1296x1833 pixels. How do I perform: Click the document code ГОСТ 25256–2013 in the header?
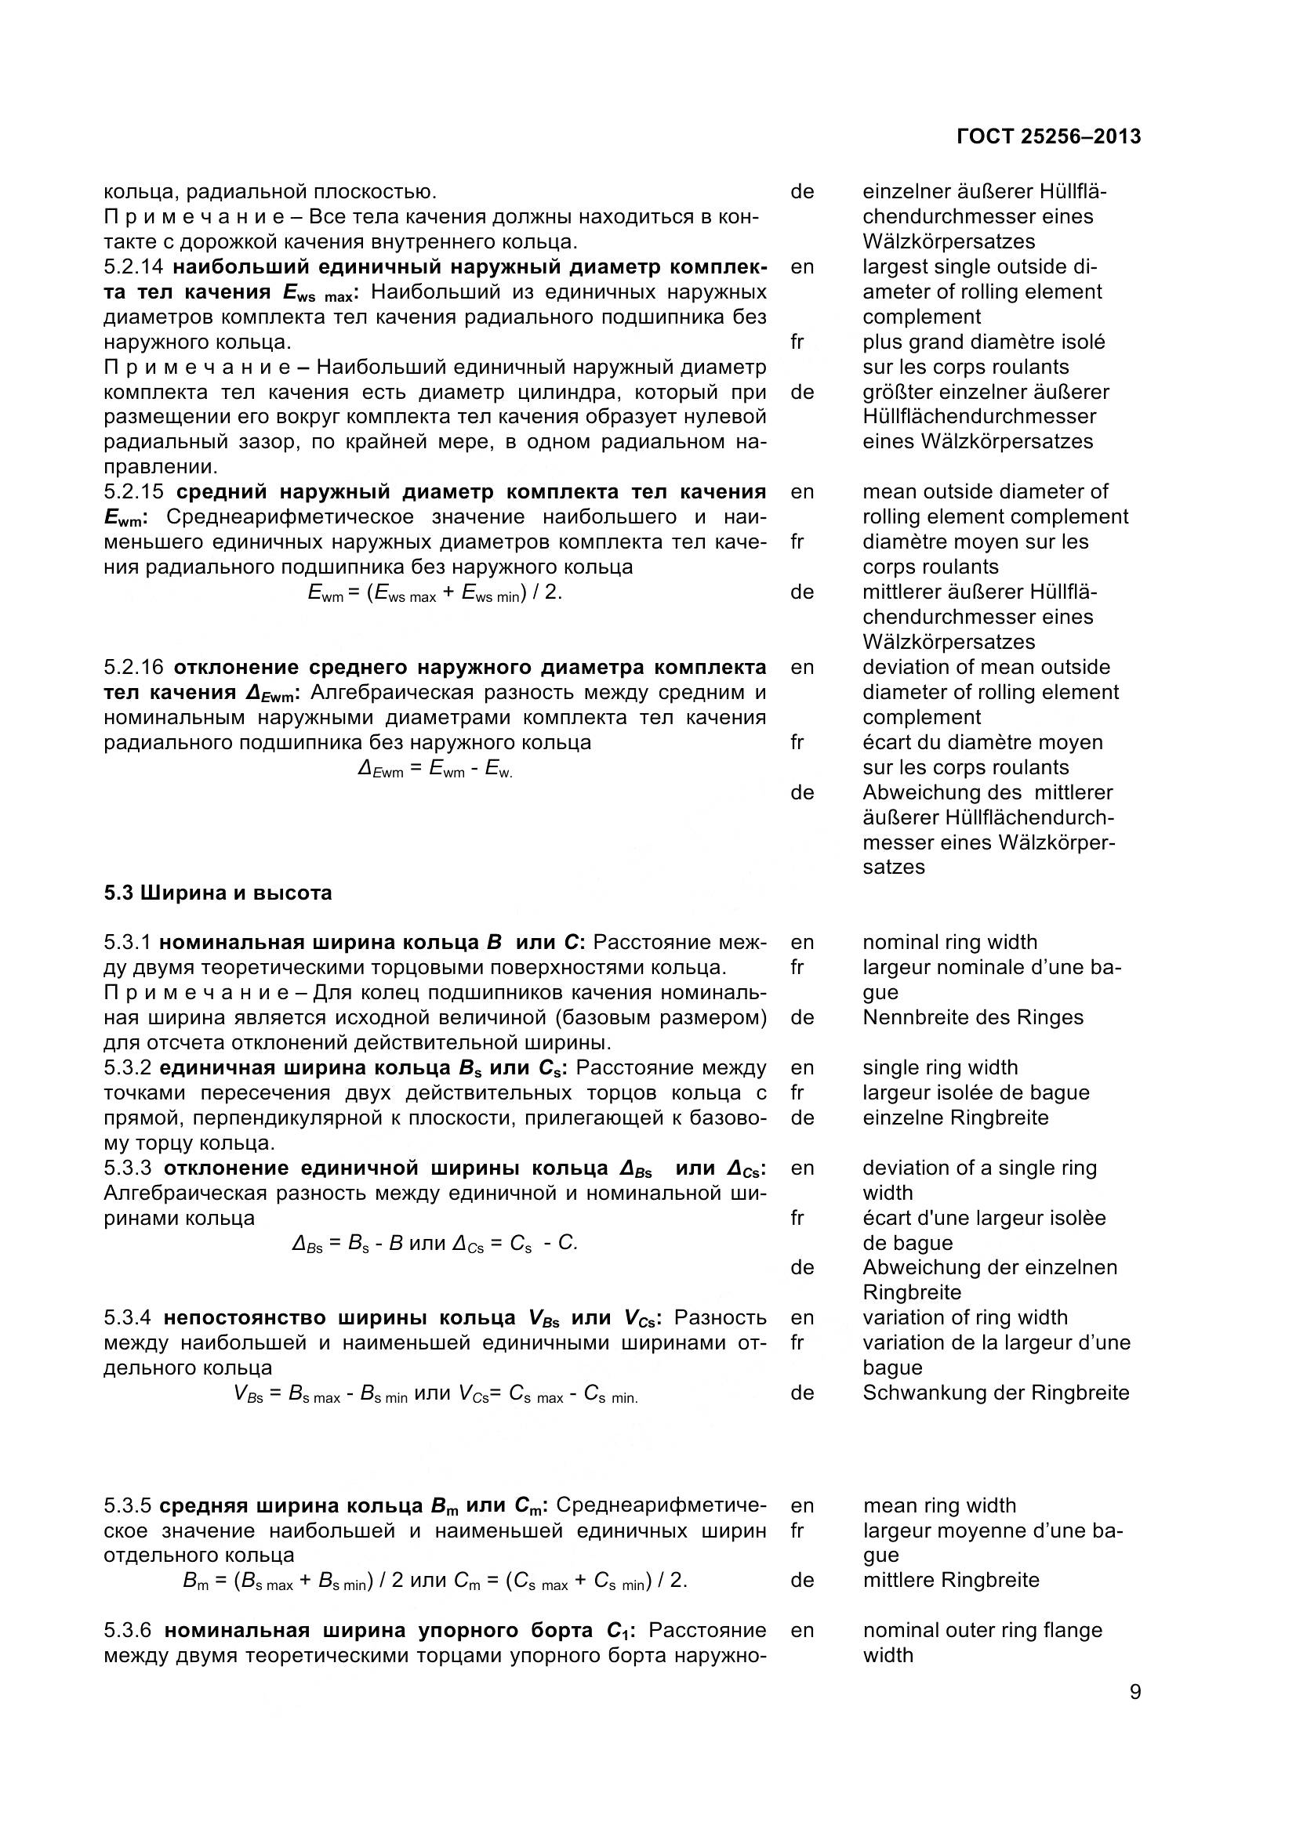[x=1047, y=136]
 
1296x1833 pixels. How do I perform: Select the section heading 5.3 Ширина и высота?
[x=217, y=893]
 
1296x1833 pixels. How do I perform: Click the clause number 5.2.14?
[x=134, y=266]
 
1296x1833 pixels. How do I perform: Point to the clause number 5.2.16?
[x=134, y=668]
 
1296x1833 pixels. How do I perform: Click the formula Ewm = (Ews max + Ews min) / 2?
[x=434, y=593]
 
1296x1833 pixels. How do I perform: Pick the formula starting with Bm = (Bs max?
[x=434, y=1581]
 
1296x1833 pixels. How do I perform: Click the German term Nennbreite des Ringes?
[x=973, y=1018]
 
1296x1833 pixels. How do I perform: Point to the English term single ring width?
[x=940, y=1068]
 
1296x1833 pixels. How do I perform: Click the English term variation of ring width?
[x=964, y=1318]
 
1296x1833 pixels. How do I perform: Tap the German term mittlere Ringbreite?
[x=950, y=1581]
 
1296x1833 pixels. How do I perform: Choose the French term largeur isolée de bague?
[x=976, y=1093]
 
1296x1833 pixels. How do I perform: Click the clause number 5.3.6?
[x=134, y=1630]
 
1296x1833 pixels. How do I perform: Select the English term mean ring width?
[x=939, y=1505]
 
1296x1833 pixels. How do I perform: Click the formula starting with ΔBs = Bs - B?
[x=434, y=1243]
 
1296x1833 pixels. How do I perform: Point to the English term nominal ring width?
[x=949, y=943]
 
